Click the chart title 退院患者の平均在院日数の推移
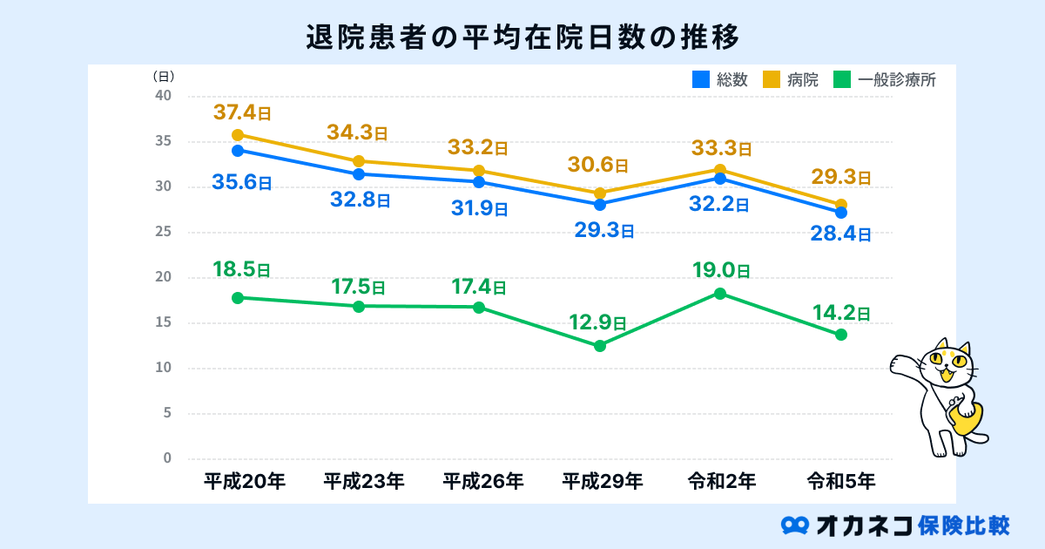(x=522, y=37)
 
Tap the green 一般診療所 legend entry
(x=884, y=80)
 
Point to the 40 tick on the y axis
(x=164, y=96)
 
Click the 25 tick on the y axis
(x=164, y=232)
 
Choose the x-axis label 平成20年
(x=238, y=480)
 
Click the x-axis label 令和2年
(x=720, y=480)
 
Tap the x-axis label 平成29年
(x=600, y=480)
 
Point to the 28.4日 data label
(x=840, y=234)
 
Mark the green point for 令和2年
(x=720, y=293)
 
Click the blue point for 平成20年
(x=238, y=150)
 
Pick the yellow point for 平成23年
(x=359, y=161)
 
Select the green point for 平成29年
(x=600, y=346)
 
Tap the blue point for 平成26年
(x=479, y=182)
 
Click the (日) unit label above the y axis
(x=164, y=76)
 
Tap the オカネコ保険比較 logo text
(x=897, y=525)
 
